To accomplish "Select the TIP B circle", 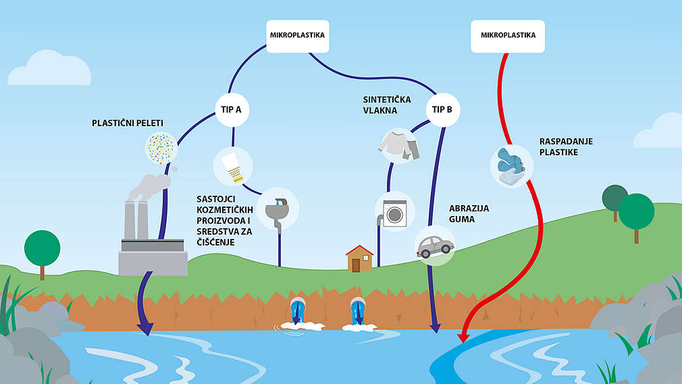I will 442,109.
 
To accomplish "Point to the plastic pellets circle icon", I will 161,148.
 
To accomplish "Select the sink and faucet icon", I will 276,207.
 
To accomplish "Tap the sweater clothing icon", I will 399,145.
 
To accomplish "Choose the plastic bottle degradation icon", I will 512,165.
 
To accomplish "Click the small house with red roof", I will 360,258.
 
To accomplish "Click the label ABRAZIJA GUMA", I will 469,214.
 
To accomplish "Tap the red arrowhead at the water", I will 463,335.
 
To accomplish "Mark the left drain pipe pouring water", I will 298,312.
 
